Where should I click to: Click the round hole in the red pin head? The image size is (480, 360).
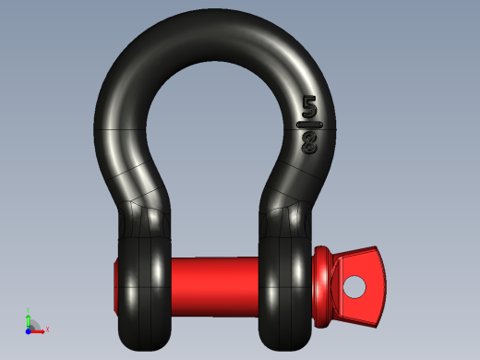[354, 287]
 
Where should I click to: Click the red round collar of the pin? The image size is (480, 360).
[324, 286]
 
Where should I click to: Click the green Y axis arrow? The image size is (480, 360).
[29, 319]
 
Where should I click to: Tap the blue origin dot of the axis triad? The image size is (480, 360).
[29, 329]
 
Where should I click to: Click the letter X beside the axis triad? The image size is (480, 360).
[46, 329]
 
